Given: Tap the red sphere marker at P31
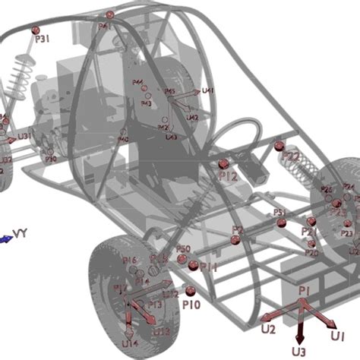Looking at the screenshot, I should click(x=36, y=30).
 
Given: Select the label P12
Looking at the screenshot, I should click(x=228, y=176).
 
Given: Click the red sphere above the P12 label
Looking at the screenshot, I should click(x=223, y=163).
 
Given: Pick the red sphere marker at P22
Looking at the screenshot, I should click(x=279, y=145).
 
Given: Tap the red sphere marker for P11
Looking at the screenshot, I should click(x=193, y=265).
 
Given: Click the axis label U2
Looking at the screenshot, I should click(x=267, y=329).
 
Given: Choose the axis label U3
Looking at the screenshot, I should click(x=299, y=352).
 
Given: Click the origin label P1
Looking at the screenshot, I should click(x=304, y=290).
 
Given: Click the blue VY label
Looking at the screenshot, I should click(x=21, y=233).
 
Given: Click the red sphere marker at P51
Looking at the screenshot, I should click(x=282, y=223).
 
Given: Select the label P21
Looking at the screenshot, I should click(x=308, y=232).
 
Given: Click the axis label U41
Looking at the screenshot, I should click(x=208, y=91).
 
